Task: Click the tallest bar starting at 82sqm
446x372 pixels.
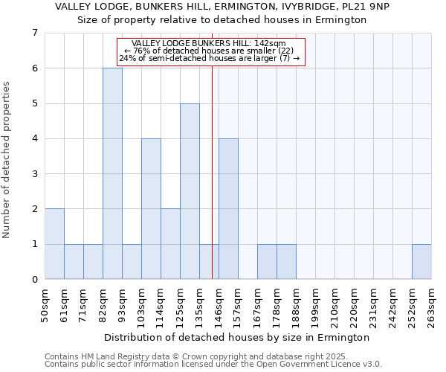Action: pos(112,173)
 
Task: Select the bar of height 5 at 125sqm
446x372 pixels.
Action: pos(190,191)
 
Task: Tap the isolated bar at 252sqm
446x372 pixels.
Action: pos(421,261)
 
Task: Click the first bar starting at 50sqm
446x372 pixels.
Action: pos(54,244)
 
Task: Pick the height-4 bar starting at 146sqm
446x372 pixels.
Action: pos(228,209)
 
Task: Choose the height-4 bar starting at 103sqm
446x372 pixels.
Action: pos(151,209)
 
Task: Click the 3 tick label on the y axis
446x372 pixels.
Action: pos(34,174)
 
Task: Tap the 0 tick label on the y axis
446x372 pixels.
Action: pos(34,280)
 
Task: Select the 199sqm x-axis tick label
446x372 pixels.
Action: pos(316,305)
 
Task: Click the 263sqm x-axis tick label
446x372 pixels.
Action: pos(432,305)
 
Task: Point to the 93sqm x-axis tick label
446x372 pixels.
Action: pos(123,304)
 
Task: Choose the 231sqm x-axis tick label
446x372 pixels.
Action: pos(374,305)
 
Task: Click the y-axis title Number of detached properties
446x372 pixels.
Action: pos(7,160)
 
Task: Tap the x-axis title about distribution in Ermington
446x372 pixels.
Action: pos(237,337)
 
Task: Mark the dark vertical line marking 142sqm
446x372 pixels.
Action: pos(213,186)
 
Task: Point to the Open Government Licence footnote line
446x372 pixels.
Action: pos(213,365)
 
